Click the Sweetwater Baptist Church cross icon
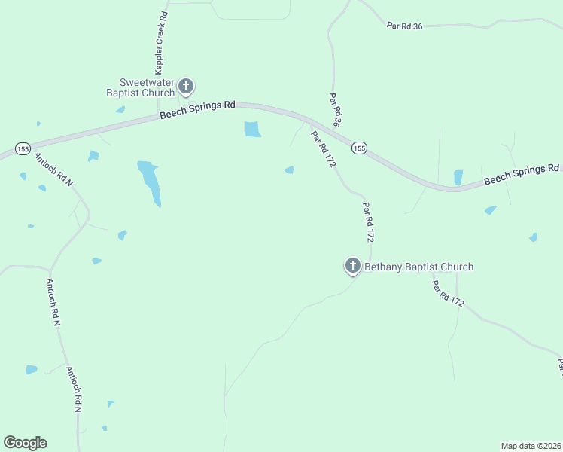[186, 87]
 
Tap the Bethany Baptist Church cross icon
[352, 265]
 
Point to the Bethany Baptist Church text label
[418, 267]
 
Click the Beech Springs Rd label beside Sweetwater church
[198, 110]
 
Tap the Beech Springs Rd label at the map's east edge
[522, 175]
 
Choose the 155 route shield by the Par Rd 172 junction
[359, 148]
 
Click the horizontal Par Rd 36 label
[405, 26]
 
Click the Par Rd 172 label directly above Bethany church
[368, 221]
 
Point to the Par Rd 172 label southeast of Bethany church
[448, 293]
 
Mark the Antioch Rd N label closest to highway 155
[53, 170]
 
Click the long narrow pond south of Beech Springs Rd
[150, 182]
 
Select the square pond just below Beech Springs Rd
[252, 130]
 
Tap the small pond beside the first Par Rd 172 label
[289, 170]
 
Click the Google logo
[25, 443]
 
